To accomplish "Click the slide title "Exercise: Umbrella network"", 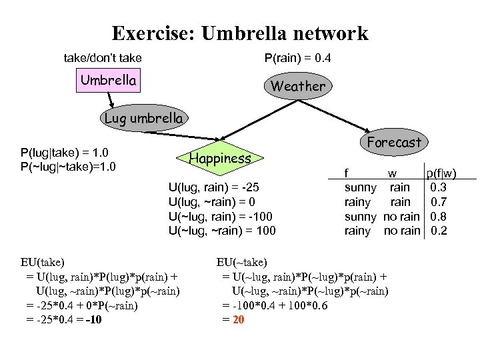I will (x=239, y=33).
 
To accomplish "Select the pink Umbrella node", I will (x=108, y=81).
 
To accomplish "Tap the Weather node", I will (x=297, y=86).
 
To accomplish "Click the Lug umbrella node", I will (x=143, y=119).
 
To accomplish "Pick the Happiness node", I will (x=220, y=158).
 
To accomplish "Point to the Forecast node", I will (x=394, y=142).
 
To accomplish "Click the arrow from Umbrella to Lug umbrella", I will (x=111, y=98).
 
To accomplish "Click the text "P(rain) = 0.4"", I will (x=297, y=59).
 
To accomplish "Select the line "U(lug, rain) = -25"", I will (x=219, y=188).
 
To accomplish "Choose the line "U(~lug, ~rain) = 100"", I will (x=223, y=231).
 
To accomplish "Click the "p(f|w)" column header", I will (x=441, y=174).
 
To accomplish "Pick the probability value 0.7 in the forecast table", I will (x=439, y=202).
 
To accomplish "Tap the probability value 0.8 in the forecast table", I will (x=439, y=217).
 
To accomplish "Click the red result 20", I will (x=239, y=319).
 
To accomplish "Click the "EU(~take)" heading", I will (x=242, y=262).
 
